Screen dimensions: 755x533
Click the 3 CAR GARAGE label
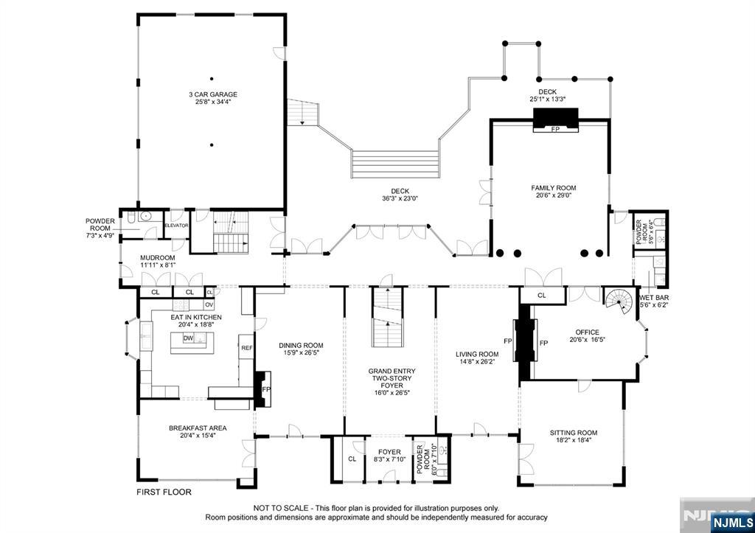(213, 94)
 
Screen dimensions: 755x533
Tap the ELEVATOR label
(177, 226)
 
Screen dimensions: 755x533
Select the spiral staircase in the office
(619, 301)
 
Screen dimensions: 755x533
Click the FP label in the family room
(555, 129)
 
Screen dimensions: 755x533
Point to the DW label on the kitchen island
(188, 338)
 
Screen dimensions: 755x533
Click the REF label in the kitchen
(247, 348)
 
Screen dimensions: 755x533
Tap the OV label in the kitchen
(209, 304)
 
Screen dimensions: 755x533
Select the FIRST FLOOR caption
(164, 492)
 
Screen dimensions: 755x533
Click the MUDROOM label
(158, 257)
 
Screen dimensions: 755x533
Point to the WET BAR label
(654, 298)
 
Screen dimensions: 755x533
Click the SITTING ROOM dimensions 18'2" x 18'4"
(574, 439)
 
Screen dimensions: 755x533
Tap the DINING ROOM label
(301, 345)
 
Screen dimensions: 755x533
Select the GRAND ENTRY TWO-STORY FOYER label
(392, 378)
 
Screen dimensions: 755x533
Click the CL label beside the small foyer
(352, 459)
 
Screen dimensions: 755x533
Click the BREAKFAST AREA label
(198, 428)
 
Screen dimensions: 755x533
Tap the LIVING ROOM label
(477, 355)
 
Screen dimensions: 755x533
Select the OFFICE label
(588, 332)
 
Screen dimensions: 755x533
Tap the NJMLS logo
(731, 523)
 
